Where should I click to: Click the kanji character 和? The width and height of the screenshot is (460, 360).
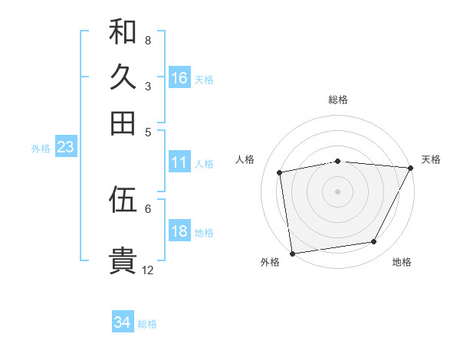(123, 32)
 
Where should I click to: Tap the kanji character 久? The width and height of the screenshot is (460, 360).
(123, 77)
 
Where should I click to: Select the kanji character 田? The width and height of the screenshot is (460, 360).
(123, 123)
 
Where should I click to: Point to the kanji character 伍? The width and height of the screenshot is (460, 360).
(123, 200)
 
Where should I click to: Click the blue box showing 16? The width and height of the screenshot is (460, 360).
(179, 77)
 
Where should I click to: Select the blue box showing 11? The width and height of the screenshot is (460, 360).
(179, 162)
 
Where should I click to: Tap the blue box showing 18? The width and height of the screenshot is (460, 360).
(179, 232)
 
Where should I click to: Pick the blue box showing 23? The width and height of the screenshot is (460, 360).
(65, 148)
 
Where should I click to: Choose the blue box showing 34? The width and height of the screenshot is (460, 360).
(123, 322)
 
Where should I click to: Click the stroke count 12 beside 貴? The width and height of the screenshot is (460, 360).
(148, 270)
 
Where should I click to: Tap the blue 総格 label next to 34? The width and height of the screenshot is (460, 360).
(147, 324)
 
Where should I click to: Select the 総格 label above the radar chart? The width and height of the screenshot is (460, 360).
(338, 100)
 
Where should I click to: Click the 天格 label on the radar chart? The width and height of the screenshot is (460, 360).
(431, 159)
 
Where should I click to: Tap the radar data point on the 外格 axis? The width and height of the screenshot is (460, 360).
(292, 253)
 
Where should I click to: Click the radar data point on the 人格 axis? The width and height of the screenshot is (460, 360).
(280, 172)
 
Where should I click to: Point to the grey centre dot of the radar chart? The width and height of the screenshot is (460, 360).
(338, 191)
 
